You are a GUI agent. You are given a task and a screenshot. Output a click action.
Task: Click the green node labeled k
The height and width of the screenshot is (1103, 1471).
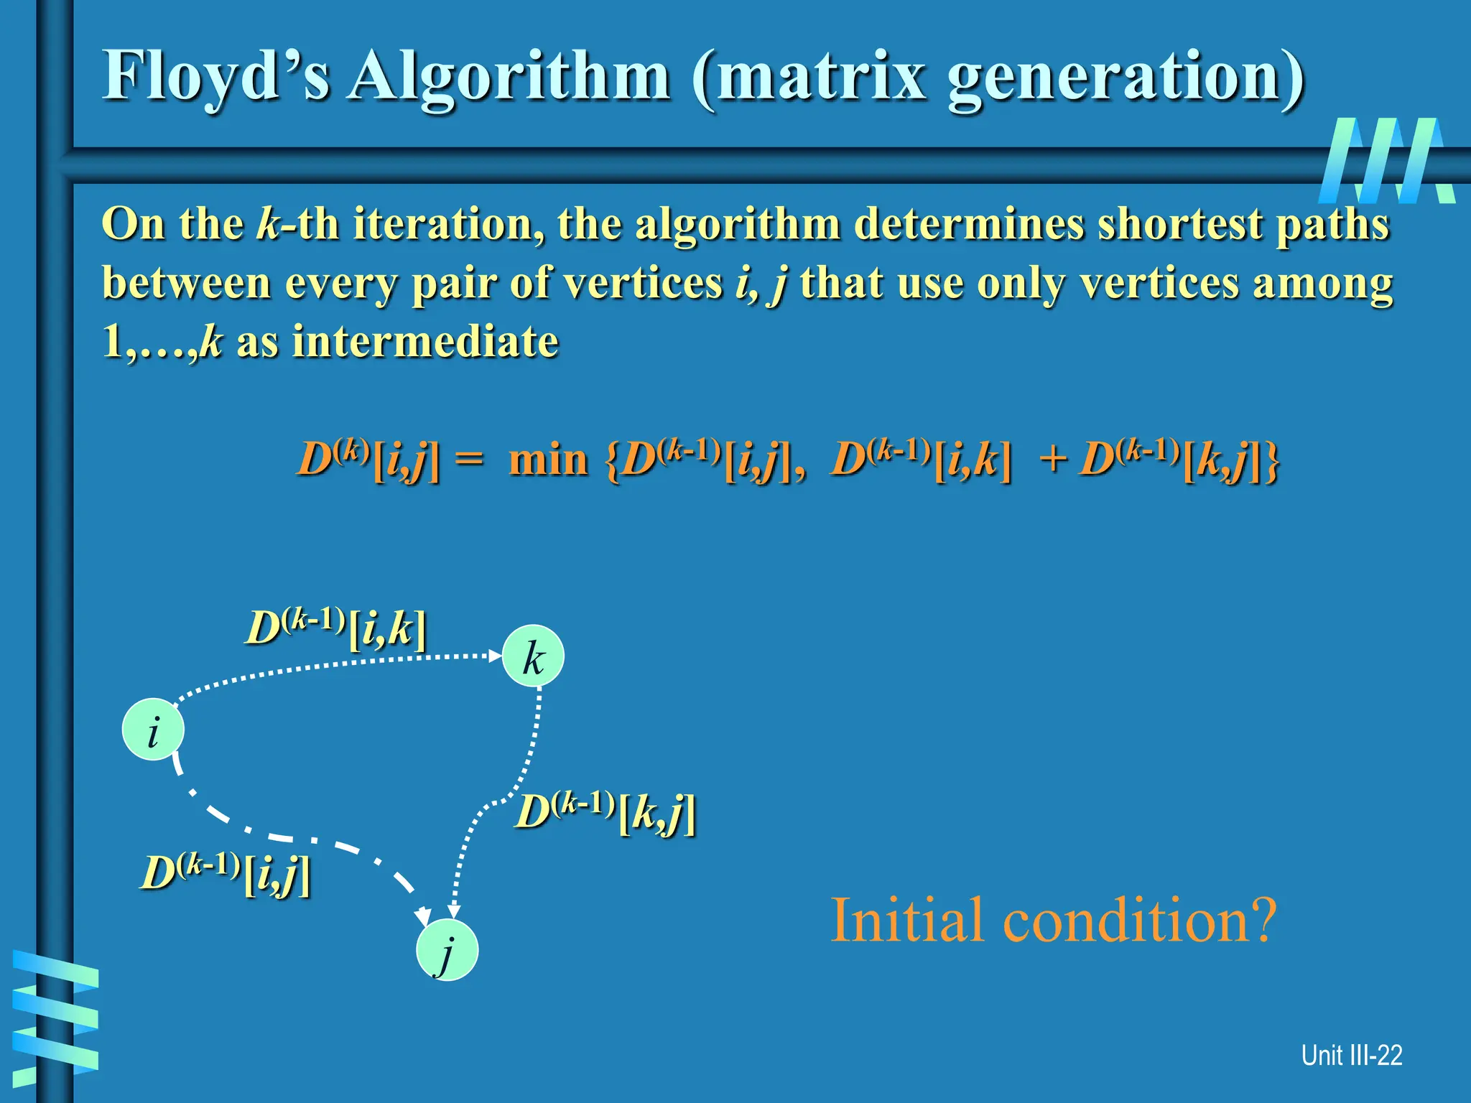pos(533,656)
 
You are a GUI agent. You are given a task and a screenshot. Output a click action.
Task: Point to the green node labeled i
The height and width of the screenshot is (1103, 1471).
pos(153,730)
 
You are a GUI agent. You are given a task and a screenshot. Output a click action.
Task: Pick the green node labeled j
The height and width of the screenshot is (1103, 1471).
pos(447,950)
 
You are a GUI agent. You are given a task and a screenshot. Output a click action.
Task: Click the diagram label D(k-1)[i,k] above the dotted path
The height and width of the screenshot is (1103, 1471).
pos(336,628)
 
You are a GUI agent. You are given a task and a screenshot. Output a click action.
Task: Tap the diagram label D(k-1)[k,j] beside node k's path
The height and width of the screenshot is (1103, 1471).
pos(605,813)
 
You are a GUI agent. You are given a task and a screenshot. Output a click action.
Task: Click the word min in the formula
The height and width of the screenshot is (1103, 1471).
pos(548,460)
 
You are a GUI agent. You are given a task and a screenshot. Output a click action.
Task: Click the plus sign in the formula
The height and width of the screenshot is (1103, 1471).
pos(1053,460)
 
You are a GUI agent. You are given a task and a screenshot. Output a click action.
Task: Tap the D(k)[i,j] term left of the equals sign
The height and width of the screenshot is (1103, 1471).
pos(368,460)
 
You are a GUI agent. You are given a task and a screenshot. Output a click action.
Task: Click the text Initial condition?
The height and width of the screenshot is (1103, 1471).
pos(1053,921)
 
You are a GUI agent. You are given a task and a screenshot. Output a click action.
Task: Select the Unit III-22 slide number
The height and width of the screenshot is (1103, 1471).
pos(1351,1056)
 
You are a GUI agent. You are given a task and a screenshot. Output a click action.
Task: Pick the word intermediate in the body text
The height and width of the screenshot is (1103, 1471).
pos(424,341)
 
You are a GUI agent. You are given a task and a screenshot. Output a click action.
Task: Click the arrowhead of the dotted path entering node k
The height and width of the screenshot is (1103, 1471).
pos(495,656)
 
